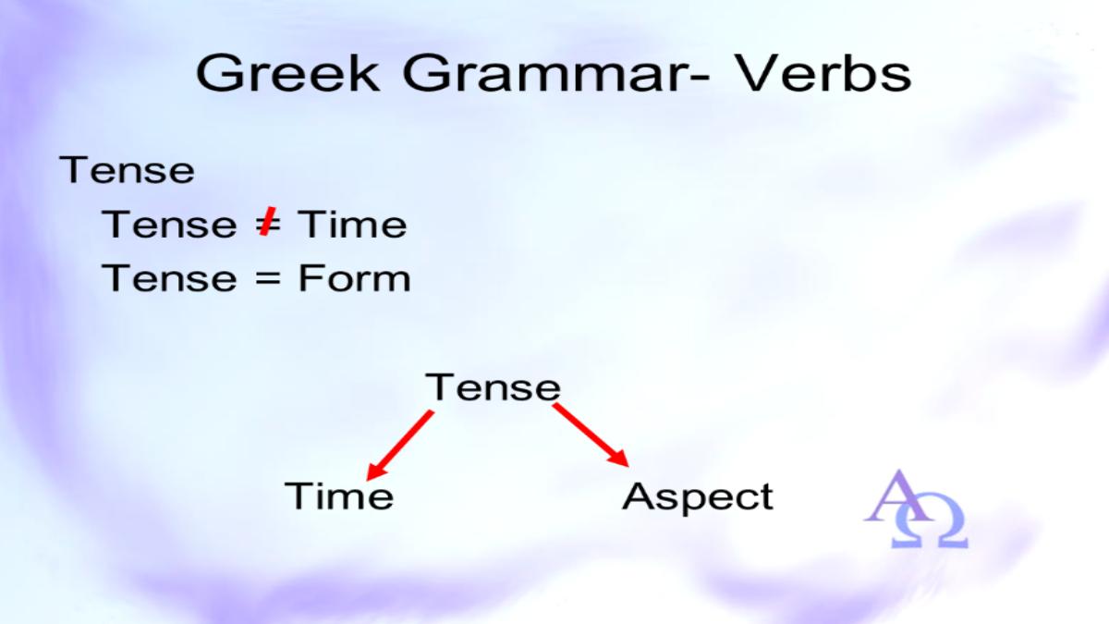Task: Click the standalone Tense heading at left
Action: [127, 170]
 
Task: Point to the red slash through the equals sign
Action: [268, 222]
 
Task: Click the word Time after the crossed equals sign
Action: [352, 225]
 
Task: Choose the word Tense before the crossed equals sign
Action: [169, 225]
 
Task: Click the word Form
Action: [355, 278]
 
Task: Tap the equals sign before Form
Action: [268, 279]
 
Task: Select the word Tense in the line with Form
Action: [169, 278]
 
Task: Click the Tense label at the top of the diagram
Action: [494, 386]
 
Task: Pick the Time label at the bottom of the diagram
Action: [339, 496]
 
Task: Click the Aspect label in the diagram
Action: [698, 497]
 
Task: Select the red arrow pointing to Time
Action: [400, 446]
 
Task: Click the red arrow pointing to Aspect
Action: [591, 434]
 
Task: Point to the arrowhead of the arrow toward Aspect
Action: [619, 459]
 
